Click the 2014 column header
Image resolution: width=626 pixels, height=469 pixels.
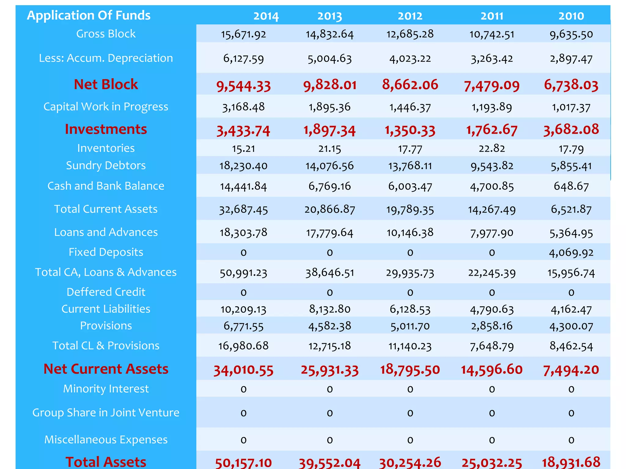pos(266,16)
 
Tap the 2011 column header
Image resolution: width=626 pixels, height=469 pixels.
pos(492,16)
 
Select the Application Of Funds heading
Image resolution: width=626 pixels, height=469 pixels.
pos(89,15)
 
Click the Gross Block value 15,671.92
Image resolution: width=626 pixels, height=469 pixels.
pos(243,34)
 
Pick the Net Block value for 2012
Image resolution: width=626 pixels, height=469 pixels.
pos(410,85)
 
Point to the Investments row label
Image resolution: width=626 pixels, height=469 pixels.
pos(106,129)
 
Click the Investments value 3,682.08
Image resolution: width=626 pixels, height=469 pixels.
pos(571,129)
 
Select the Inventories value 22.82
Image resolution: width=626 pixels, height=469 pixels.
pos(492,148)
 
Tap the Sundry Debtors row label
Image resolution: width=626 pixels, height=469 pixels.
pos(106,165)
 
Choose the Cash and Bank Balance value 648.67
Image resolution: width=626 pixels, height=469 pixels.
pos(571,186)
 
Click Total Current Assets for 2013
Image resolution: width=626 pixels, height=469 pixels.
pos(330,209)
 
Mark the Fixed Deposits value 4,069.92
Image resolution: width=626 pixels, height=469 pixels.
pos(571,253)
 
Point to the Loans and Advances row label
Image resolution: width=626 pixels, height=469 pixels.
pos(106,232)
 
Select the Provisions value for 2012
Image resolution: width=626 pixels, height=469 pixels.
pos(410,326)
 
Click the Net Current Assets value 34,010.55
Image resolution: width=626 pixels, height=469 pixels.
pos(243,370)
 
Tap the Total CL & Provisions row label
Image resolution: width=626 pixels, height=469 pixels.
pos(106,346)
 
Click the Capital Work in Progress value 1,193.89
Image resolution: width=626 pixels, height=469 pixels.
pos(492,107)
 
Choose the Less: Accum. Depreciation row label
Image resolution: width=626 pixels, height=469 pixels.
pos(106,58)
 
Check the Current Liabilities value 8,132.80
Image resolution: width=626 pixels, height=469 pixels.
pos(330,309)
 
